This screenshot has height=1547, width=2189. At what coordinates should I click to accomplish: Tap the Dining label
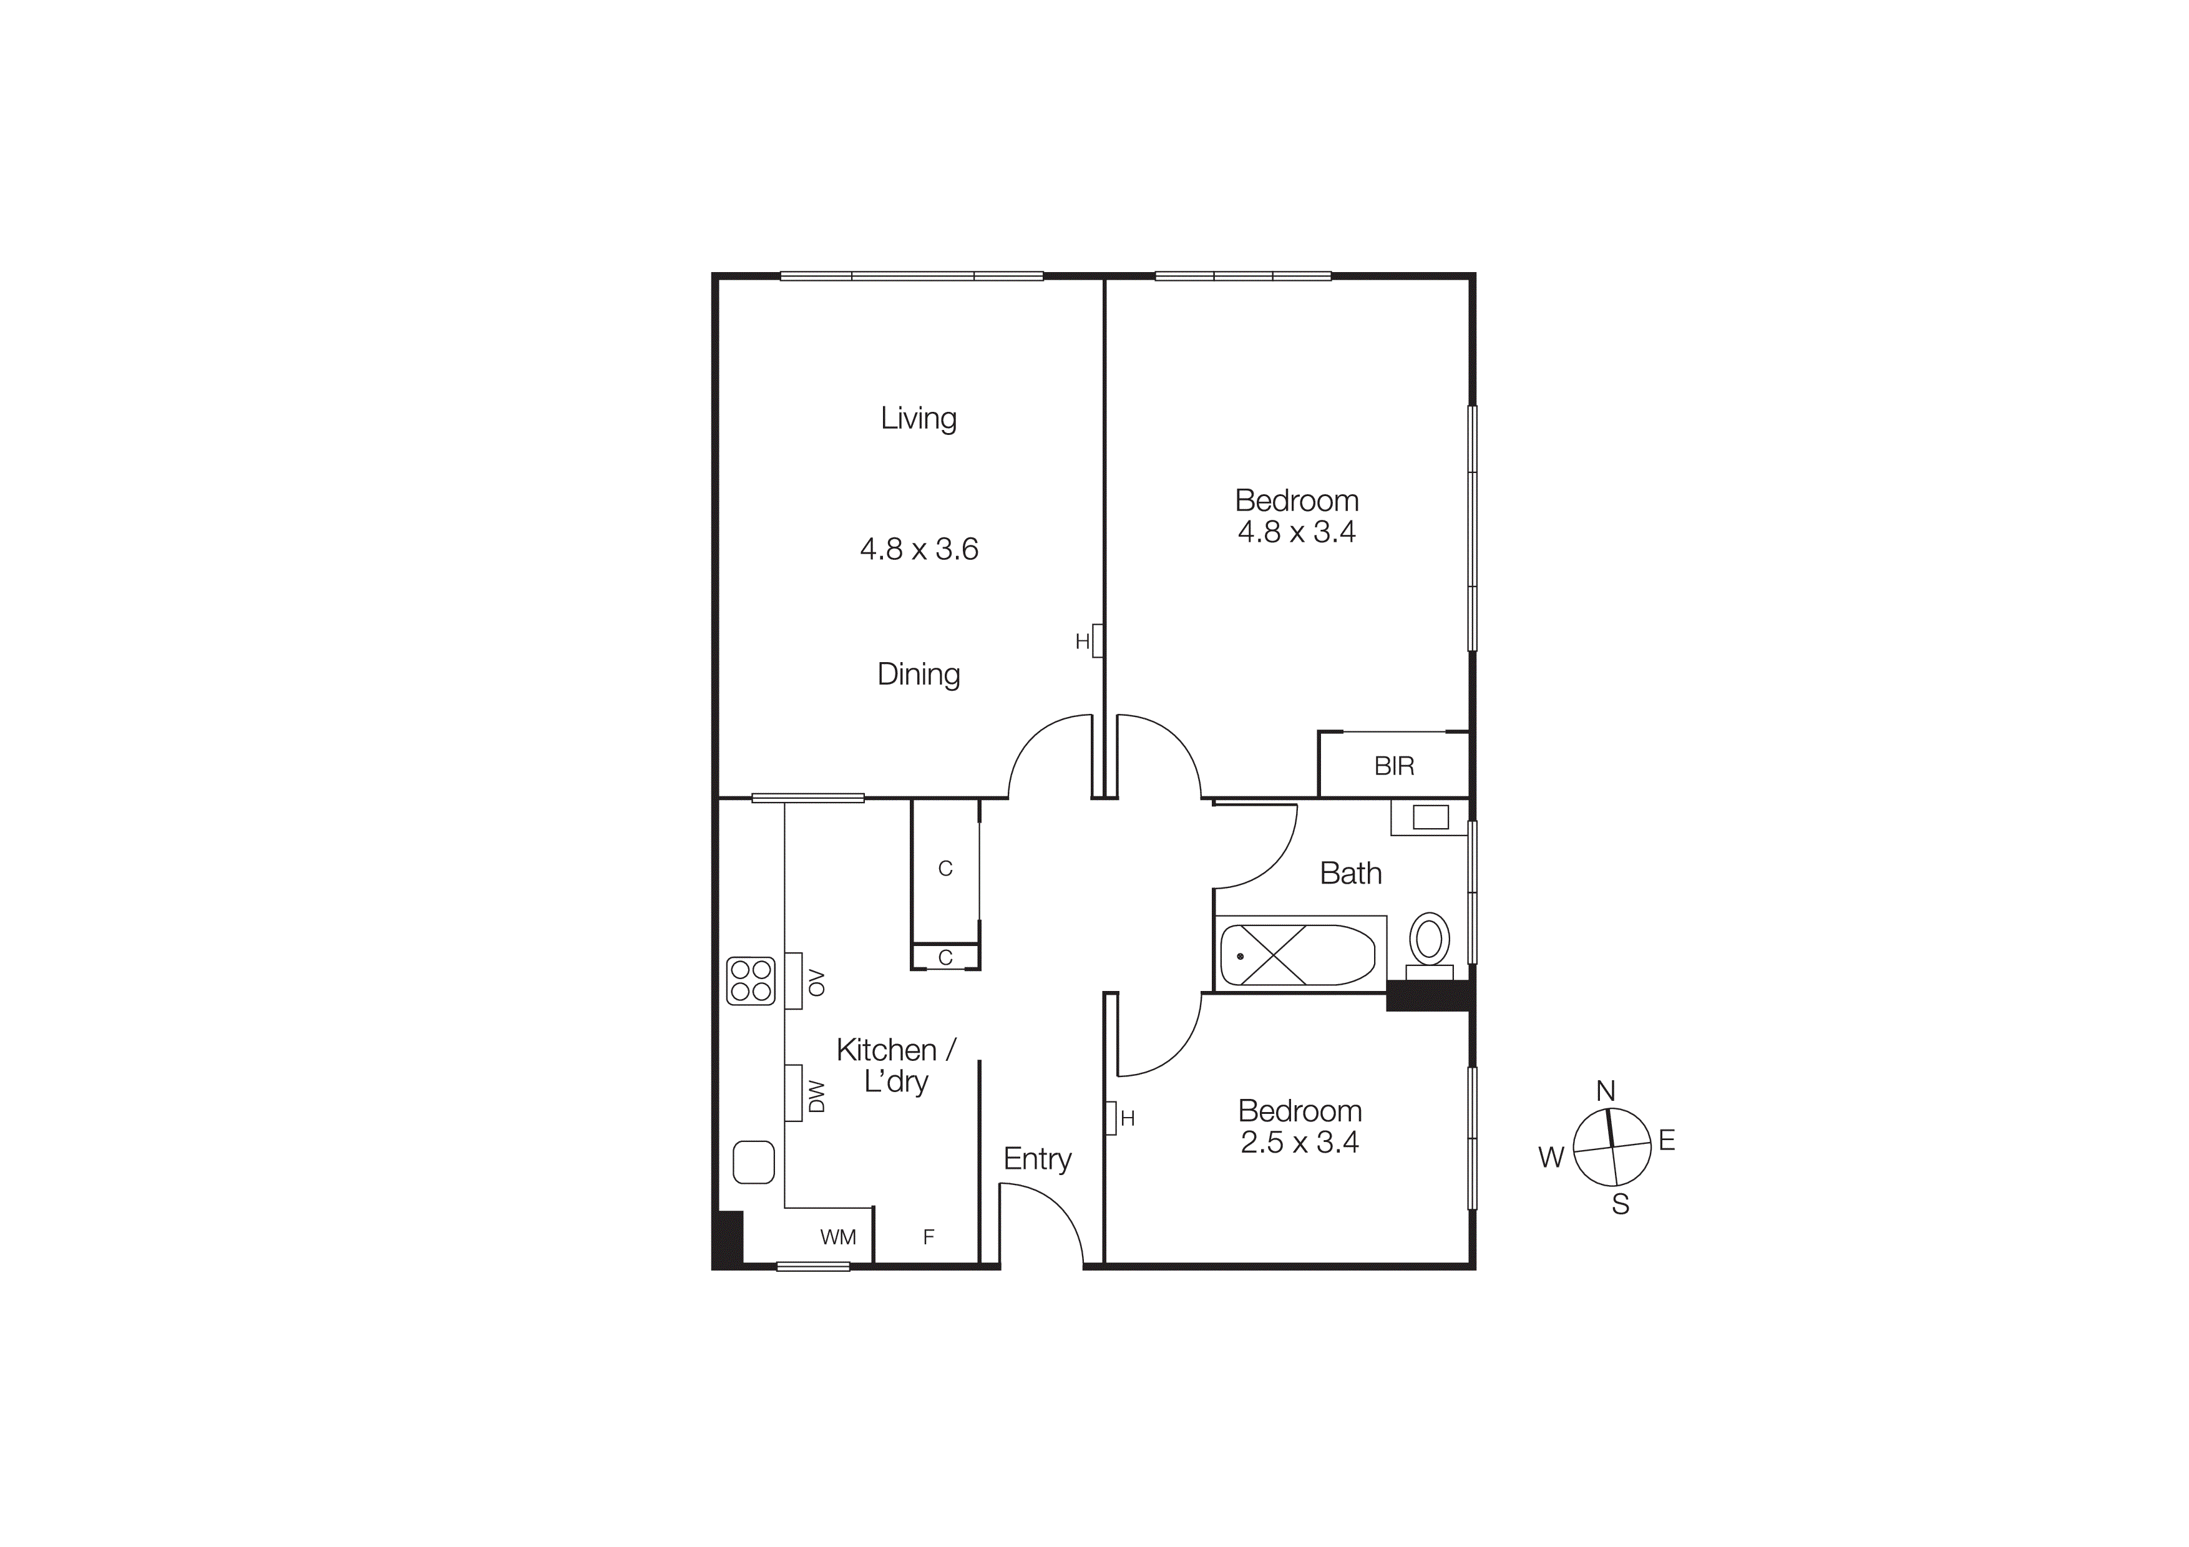click(918, 675)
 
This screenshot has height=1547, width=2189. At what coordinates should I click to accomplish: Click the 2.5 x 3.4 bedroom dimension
click(1299, 1142)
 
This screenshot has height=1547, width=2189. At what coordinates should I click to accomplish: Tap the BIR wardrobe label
click(1394, 766)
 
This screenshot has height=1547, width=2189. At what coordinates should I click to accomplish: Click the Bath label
click(1350, 873)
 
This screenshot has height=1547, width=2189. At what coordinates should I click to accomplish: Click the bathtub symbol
click(1297, 955)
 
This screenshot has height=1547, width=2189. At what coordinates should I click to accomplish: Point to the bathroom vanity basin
click(1430, 817)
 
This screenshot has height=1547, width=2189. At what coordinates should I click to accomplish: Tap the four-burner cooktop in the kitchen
click(750, 981)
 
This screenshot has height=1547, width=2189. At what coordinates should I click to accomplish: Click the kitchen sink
click(753, 1162)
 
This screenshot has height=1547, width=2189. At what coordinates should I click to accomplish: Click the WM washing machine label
click(838, 1237)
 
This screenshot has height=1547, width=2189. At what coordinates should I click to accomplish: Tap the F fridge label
click(929, 1237)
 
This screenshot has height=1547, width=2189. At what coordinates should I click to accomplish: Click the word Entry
click(1037, 1159)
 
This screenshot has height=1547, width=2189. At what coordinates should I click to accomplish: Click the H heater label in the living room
click(1082, 642)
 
